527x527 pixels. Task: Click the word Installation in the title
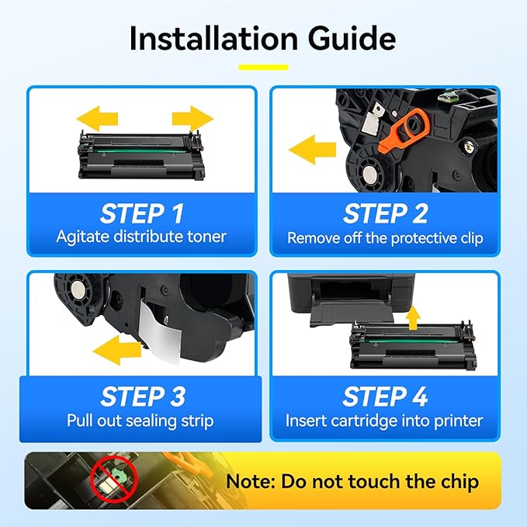[213, 38]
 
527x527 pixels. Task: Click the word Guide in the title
[352, 38]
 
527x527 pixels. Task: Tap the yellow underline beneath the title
[264, 68]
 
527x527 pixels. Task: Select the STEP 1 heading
[142, 213]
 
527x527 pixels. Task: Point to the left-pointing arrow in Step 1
[98, 119]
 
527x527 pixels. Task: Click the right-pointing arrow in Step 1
[192, 119]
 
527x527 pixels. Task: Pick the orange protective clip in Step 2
[404, 130]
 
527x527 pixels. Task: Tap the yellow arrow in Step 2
[312, 150]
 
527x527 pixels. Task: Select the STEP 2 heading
[385, 213]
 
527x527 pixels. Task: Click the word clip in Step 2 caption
[472, 238]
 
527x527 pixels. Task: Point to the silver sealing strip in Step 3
[161, 331]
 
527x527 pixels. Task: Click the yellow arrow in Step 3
[117, 350]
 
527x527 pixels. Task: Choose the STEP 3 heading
[143, 397]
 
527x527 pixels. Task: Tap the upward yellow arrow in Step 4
[413, 317]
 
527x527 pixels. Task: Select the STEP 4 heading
[385, 397]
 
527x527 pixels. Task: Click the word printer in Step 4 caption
[459, 421]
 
